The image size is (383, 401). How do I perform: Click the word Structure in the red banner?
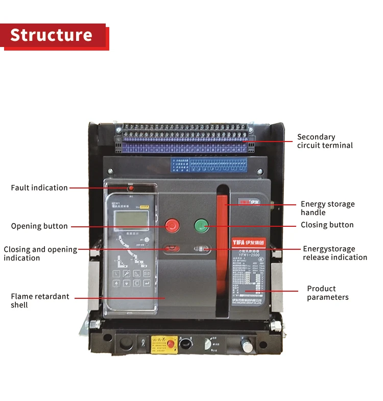(x=51, y=35)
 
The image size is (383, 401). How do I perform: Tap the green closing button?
(x=201, y=225)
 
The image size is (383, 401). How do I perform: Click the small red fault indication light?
(x=131, y=188)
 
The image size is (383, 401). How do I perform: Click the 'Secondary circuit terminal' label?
(x=325, y=141)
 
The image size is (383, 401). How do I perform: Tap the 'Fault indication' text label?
(x=39, y=188)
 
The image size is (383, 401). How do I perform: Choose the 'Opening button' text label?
(x=39, y=226)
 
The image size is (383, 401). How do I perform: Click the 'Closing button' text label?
(x=327, y=225)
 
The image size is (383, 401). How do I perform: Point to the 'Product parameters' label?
(x=327, y=293)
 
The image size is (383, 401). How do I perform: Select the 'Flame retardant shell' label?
(x=40, y=300)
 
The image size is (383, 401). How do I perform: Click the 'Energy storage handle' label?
(x=327, y=208)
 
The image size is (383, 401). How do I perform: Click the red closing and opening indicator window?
(x=171, y=249)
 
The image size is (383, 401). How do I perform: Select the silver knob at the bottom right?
(x=247, y=346)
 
